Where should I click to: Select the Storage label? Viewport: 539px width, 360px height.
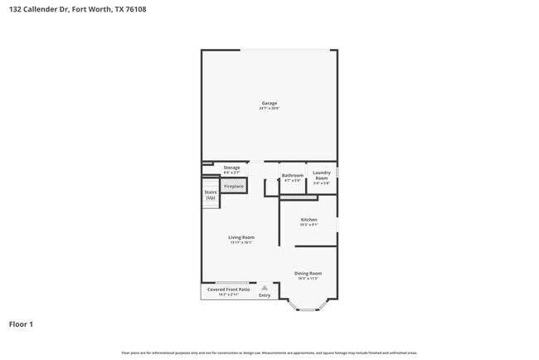pos(231,168)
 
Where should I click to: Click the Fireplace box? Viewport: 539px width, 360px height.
pos(233,187)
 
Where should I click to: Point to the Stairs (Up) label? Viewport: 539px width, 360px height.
pos(211,195)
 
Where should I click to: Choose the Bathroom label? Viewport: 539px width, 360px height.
pos(293,175)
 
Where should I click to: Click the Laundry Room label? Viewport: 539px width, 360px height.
pos(321,175)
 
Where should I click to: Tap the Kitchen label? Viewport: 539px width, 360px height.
pos(308,220)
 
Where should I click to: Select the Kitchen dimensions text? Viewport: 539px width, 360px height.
pos(308,226)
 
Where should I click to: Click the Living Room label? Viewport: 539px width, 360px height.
pos(241,237)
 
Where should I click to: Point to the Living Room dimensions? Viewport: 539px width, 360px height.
pos(241,243)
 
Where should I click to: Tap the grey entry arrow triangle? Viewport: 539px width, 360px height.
pos(265,287)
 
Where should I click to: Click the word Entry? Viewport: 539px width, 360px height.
pos(265,295)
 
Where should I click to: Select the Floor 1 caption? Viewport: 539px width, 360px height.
pos(21,324)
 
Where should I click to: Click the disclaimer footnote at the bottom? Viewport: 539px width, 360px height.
pos(269,353)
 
